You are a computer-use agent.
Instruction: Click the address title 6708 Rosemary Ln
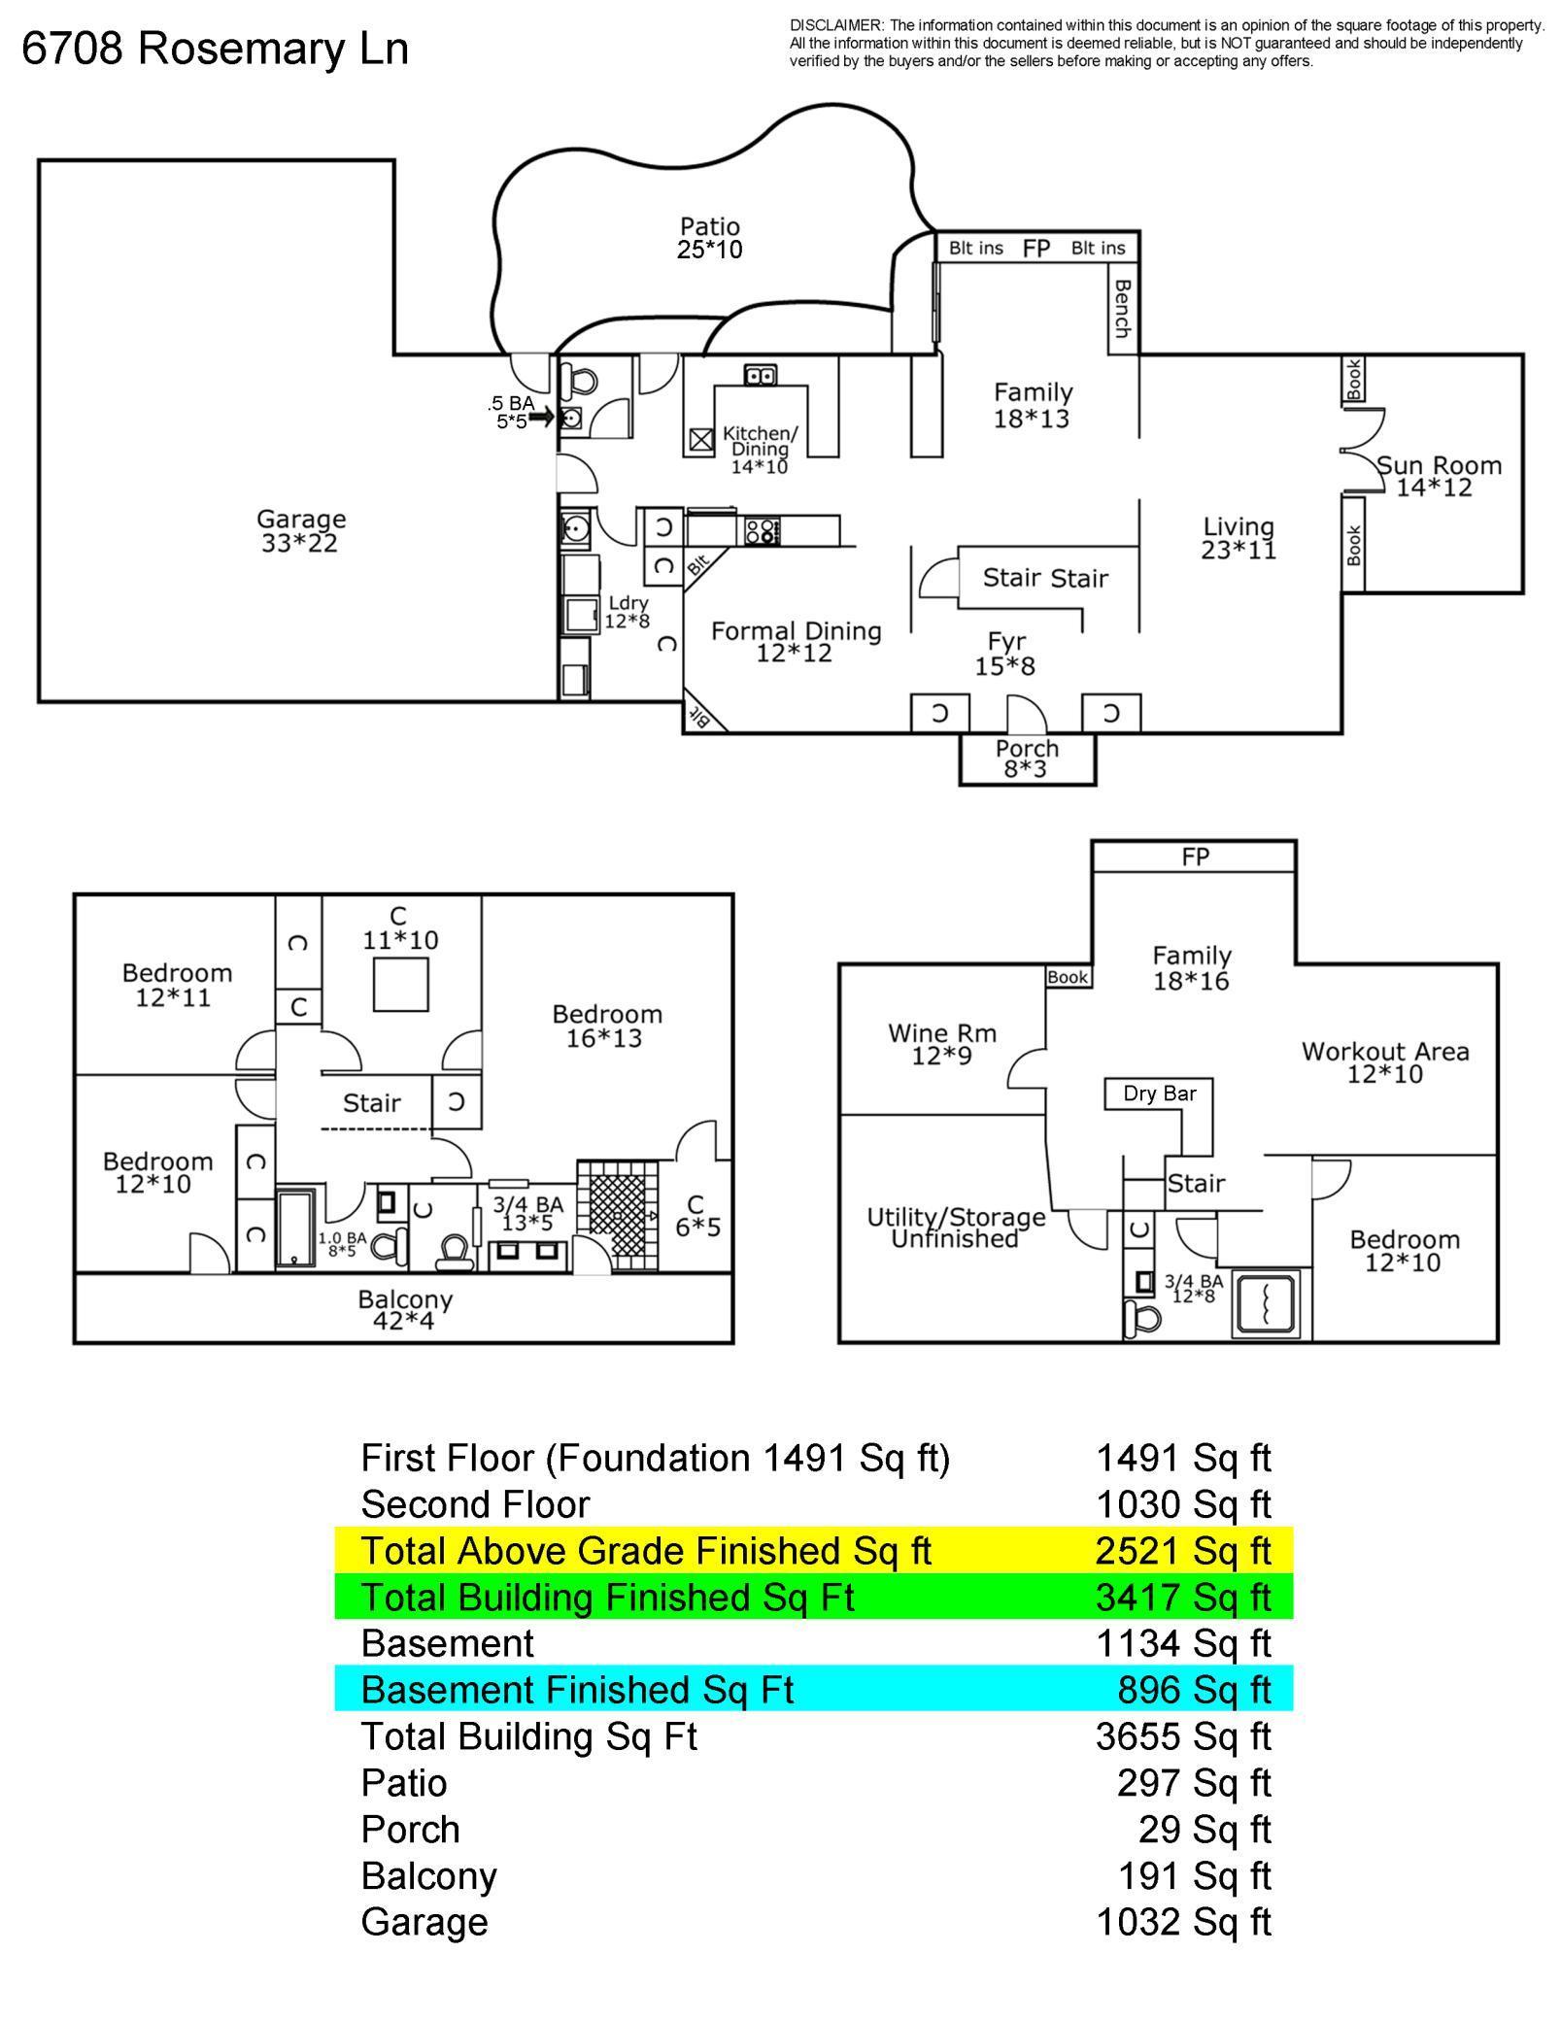point(215,49)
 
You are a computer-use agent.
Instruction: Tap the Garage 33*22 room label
point(300,531)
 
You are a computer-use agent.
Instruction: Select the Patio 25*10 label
point(709,239)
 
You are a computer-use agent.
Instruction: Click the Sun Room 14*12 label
point(1438,477)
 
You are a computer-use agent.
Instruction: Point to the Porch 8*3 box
point(1027,758)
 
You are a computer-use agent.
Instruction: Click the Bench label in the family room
point(1123,309)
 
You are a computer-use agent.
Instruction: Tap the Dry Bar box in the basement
point(1159,1094)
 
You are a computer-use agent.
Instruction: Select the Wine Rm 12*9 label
point(941,1044)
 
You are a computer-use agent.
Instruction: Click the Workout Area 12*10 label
point(1384,1062)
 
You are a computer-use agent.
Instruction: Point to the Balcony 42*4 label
point(404,1310)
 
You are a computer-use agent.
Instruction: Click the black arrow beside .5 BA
point(541,417)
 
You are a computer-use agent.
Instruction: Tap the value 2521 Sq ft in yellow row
point(1182,1551)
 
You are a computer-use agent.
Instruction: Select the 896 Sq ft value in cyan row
point(1193,1690)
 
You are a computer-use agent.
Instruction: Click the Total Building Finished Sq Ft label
point(607,1598)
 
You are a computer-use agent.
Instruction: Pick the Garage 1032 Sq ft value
point(1182,1922)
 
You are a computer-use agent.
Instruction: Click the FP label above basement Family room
point(1195,857)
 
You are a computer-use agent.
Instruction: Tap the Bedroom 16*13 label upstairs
point(606,1026)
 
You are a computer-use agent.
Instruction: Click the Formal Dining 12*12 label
point(796,642)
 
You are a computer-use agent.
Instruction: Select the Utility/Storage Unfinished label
point(956,1228)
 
